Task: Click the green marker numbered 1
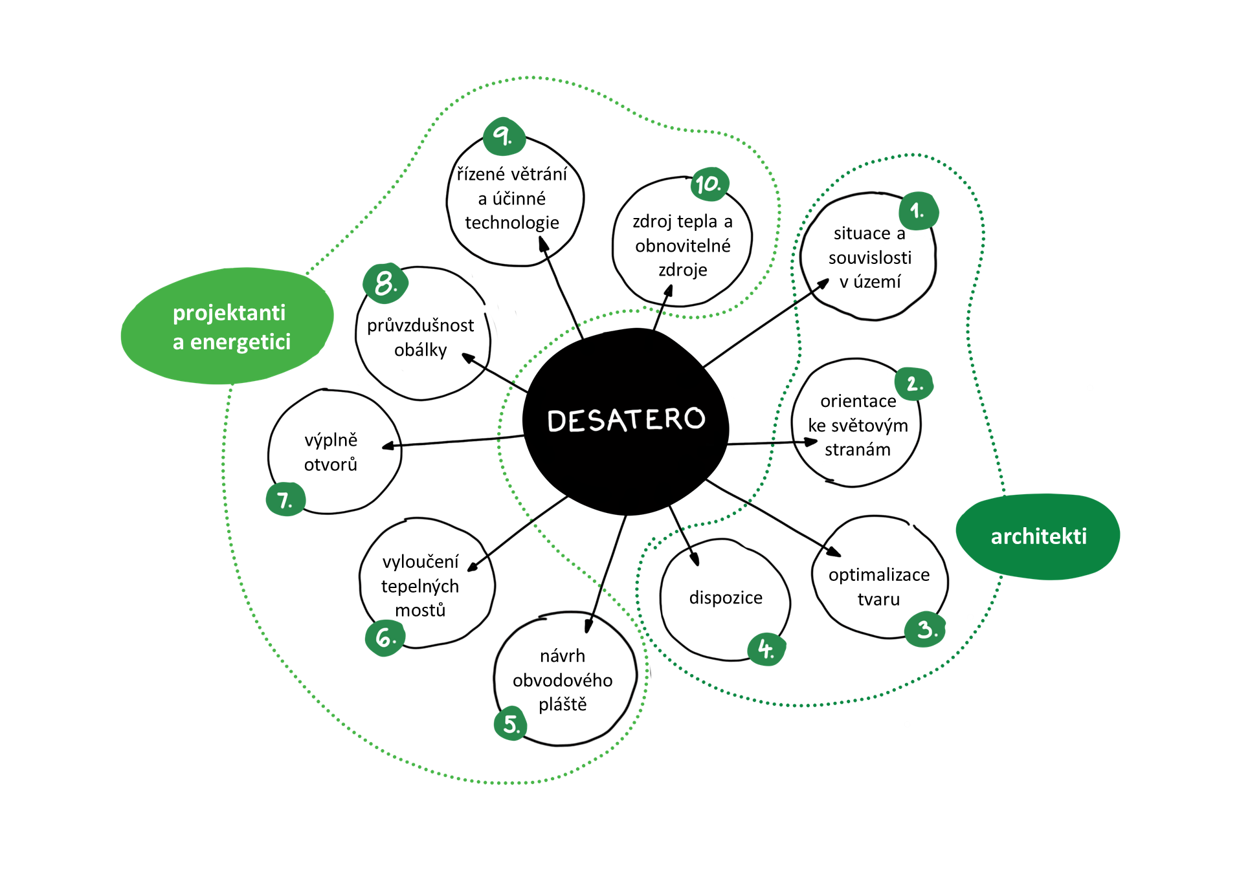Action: point(918,211)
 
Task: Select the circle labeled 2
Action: point(913,384)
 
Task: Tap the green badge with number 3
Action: point(925,629)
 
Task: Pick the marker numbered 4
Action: point(766,649)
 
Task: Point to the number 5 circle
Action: point(511,723)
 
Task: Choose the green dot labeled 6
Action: point(385,638)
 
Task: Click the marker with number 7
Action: point(285,499)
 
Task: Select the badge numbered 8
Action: point(385,283)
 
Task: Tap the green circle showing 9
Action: point(504,136)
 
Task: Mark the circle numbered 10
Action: point(709,184)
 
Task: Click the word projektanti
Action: point(229,313)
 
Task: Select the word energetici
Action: point(240,342)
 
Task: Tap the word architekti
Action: point(1038,536)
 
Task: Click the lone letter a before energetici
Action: point(178,343)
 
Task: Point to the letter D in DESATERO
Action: point(557,422)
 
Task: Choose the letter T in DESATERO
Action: point(636,419)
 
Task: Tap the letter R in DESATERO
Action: point(674,419)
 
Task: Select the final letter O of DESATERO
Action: point(695,418)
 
